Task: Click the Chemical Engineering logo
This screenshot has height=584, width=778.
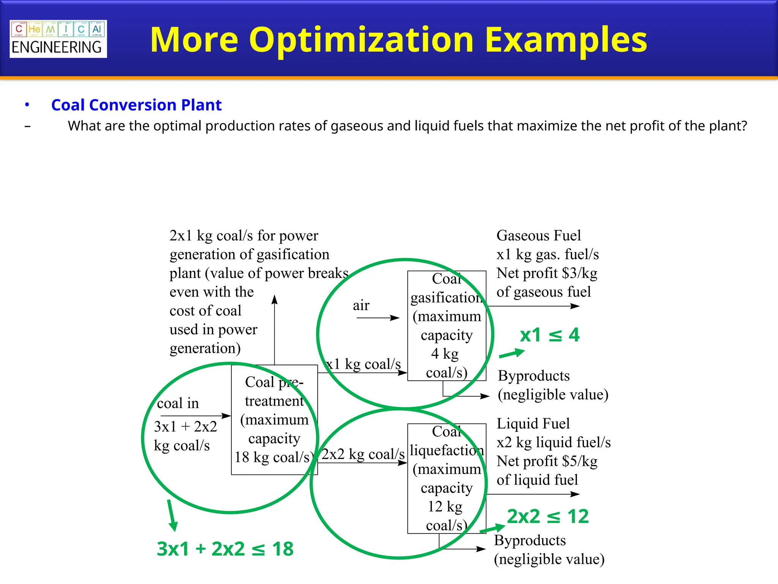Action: pyautogui.click(x=58, y=39)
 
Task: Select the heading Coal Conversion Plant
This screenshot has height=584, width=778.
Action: pyautogui.click(x=136, y=105)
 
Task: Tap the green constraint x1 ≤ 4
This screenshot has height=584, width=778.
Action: pyautogui.click(x=549, y=335)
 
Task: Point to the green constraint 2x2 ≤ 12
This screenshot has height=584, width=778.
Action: pyautogui.click(x=548, y=516)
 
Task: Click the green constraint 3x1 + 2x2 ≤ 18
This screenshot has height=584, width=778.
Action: pyautogui.click(x=225, y=549)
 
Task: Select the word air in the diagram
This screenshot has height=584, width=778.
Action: pyautogui.click(x=361, y=305)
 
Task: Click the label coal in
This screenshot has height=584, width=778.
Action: pyautogui.click(x=178, y=403)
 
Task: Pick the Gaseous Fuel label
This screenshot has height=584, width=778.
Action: pyautogui.click(x=538, y=236)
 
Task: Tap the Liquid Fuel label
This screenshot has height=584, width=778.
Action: pyautogui.click(x=533, y=424)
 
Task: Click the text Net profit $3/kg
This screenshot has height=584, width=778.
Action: pyautogui.click(x=547, y=273)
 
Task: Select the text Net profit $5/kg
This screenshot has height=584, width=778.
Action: pyautogui.click(x=547, y=461)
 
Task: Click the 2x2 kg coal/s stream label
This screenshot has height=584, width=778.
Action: pyautogui.click(x=363, y=454)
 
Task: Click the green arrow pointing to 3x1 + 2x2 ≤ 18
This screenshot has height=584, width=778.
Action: pyautogui.click(x=172, y=516)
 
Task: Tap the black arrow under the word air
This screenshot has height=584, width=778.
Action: pyautogui.click(x=378, y=318)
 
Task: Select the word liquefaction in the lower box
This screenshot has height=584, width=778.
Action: pyautogui.click(x=447, y=451)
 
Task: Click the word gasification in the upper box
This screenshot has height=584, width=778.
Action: pyautogui.click(x=447, y=297)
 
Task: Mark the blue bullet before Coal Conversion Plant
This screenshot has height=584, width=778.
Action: pyautogui.click(x=27, y=105)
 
